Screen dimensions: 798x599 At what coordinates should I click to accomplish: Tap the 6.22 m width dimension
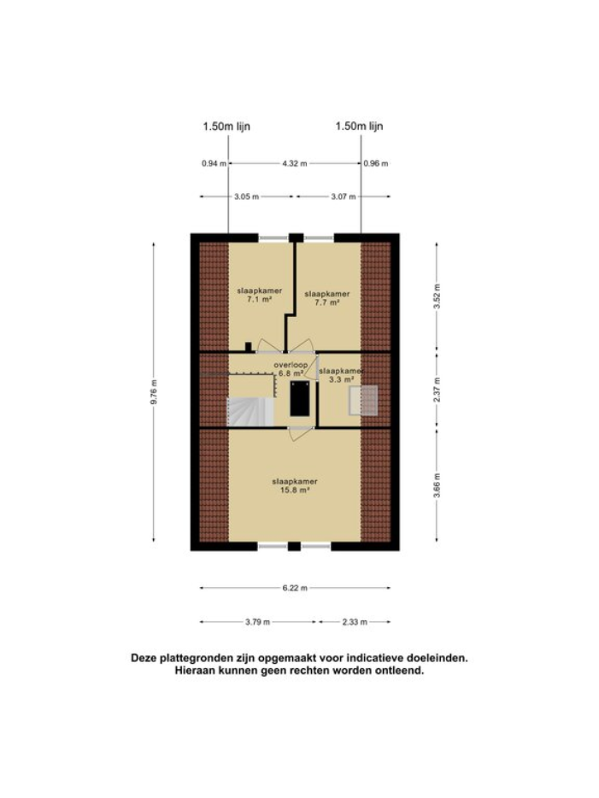click(295, 588)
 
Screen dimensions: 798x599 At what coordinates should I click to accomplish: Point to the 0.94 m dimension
click(213, 163)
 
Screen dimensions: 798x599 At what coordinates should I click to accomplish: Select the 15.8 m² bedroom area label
click(291, 490)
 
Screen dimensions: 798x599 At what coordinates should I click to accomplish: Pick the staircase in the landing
click(249, 412)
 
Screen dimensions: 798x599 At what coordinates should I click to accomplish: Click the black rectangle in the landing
click(299, 398)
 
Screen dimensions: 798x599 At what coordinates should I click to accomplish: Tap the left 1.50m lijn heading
click(226, 126)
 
